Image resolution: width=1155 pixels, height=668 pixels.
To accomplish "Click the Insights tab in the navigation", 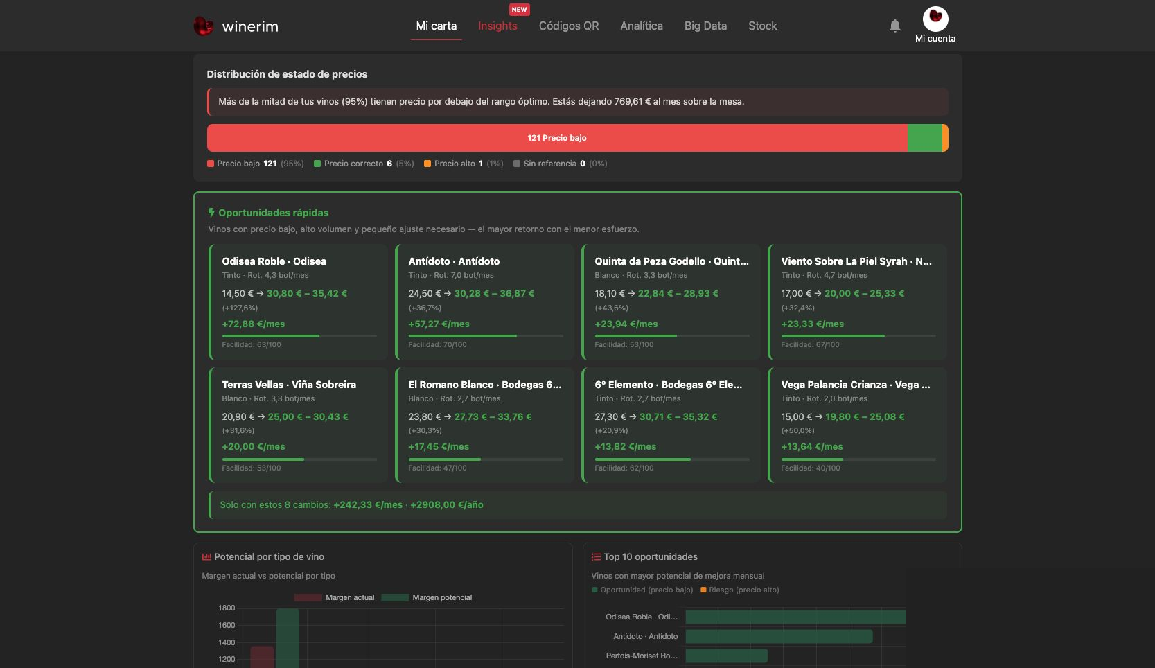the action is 497,26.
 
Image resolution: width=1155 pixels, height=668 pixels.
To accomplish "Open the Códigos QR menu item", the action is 569,26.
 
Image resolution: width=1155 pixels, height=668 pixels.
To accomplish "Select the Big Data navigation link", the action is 705,26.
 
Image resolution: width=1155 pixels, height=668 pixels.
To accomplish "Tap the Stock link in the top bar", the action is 763,26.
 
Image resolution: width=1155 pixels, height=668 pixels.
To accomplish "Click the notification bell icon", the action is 895,26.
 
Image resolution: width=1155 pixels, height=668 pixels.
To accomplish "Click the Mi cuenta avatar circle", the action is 935,19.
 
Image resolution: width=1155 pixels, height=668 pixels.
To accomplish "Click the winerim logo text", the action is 250,26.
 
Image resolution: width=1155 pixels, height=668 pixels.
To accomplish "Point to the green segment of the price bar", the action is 924,138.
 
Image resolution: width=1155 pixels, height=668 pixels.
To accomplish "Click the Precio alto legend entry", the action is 464,164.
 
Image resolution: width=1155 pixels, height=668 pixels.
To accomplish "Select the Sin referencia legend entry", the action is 561,164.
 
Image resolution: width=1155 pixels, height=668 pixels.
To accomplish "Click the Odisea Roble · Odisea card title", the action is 274,261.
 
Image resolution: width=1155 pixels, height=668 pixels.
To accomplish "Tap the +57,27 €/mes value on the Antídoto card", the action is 439,324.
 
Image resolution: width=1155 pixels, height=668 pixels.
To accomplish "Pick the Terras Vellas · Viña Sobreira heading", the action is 289,385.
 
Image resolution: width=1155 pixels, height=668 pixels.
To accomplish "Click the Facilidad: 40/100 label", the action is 810,468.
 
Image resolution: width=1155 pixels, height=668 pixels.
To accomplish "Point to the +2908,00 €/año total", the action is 446,505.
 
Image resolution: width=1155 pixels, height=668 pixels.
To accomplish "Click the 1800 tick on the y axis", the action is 227,608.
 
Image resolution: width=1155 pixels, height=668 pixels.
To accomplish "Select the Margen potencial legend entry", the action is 426,597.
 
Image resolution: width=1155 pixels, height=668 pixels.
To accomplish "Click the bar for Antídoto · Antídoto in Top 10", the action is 779,637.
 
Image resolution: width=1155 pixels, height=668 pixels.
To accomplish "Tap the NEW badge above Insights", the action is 519,9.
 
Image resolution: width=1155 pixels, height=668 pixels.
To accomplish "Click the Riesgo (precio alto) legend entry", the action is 739,590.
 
